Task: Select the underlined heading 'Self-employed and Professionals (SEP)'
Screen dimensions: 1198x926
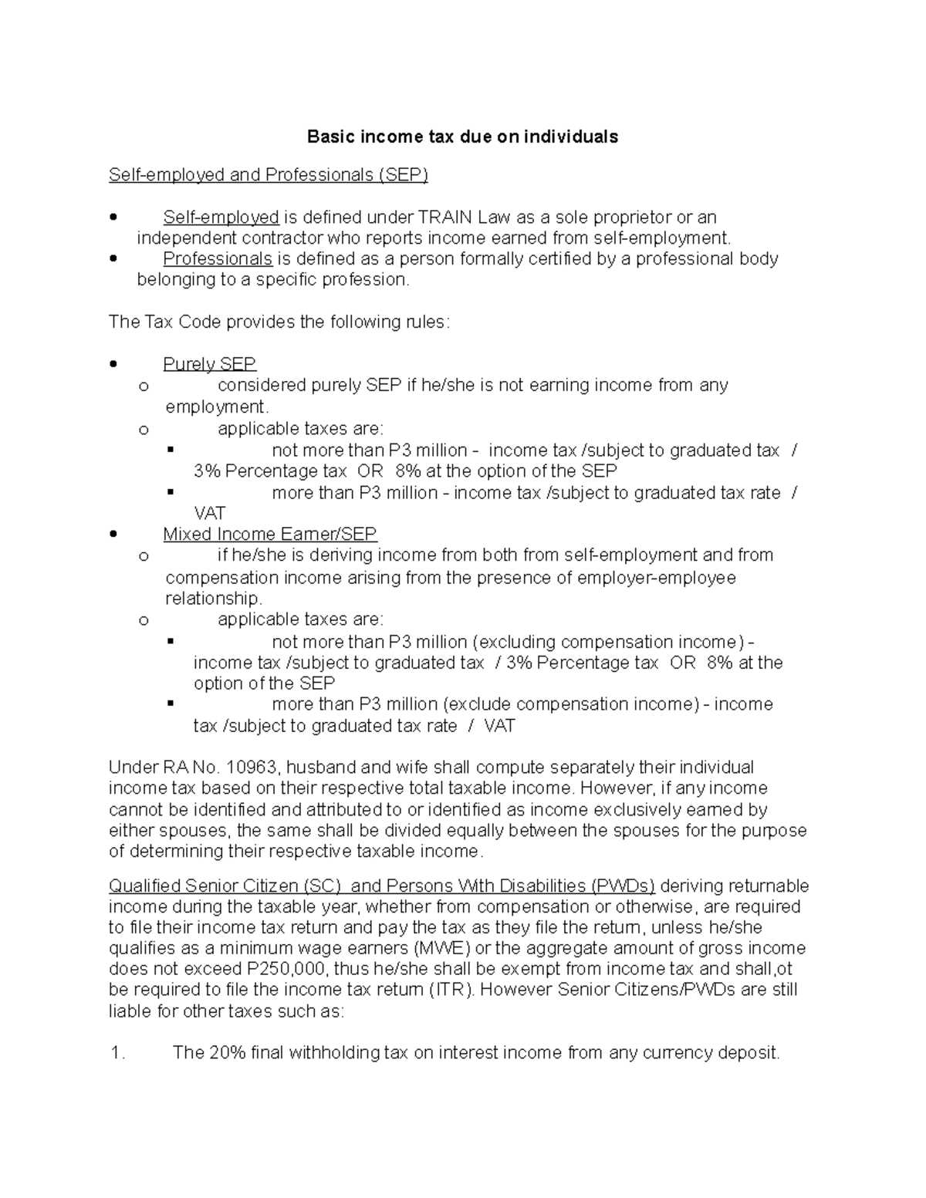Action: pyautogui.click(x=268, y=175)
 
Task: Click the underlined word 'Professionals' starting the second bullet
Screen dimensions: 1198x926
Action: pyautogui.click(x=218, y=258)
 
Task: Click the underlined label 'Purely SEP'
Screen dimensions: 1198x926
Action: pyautogui.click(x=209, y=364)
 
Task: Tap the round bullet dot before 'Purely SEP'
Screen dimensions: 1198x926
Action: pyautogui.click(x=114, y=364)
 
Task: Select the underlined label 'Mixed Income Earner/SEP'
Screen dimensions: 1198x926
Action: pyautogui.click(x=269, y=534)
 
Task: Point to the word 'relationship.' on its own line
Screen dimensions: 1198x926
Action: pyautogui.click(x=214, y=599)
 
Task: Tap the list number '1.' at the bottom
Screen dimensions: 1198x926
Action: pyautogui.click(x=117, y=1053)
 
